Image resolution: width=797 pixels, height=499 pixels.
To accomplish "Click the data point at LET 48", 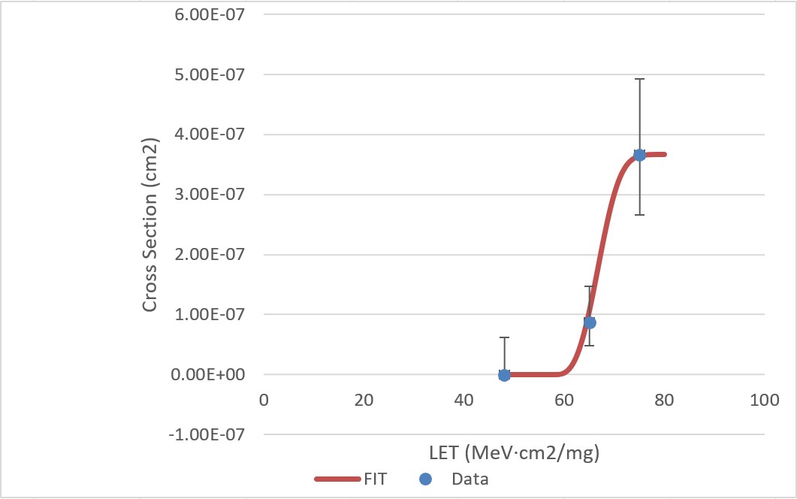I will click(504, 374).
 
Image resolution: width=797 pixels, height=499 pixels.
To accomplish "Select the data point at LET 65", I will click(590, 322).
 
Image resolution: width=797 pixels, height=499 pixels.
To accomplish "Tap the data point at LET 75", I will click(639, 155).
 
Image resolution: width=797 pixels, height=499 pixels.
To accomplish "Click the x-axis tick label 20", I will click(364, 400).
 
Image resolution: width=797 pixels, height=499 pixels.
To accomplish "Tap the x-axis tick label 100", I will click(764, 400).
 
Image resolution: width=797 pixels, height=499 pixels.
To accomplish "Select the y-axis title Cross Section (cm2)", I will click(150, 224).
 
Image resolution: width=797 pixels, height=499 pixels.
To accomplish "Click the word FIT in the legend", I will click(373, 479).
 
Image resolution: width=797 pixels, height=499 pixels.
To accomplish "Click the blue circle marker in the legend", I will click(425, 479).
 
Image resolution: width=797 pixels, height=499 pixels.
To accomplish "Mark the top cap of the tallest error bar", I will click(639, 79).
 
